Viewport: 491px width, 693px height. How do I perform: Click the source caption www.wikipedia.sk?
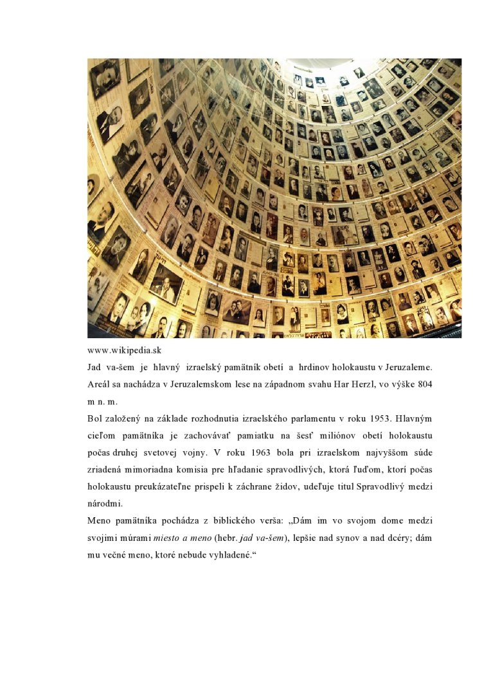[124, 350]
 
